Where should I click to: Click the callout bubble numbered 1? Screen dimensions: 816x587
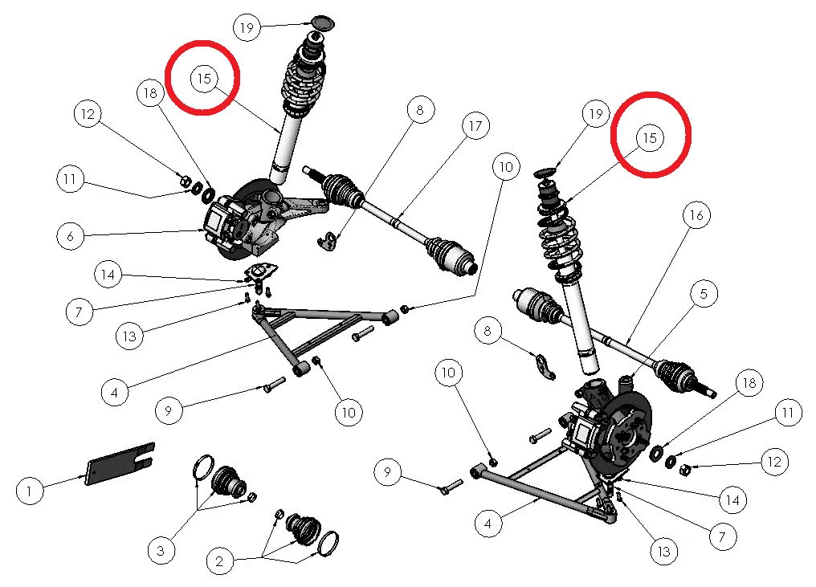coord(29,491)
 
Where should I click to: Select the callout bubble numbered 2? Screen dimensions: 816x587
coord(219,561)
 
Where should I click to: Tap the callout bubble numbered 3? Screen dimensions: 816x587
coord(161,550)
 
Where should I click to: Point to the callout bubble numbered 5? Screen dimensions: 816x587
coord(704,294)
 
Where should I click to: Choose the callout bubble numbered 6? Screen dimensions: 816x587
coord(71,236)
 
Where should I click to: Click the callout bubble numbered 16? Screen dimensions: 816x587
coord(696,215)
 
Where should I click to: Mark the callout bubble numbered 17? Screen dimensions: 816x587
coord(475,126)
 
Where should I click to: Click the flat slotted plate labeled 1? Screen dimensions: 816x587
coord(120,463)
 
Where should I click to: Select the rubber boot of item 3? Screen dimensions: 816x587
coord(230,481)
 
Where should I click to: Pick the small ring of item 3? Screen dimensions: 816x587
coord(251,497)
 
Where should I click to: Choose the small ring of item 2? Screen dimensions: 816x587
coord(279,515)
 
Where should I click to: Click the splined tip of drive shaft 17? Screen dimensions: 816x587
coord(311,172)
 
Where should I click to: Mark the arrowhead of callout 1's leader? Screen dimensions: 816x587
coord(84,475)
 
